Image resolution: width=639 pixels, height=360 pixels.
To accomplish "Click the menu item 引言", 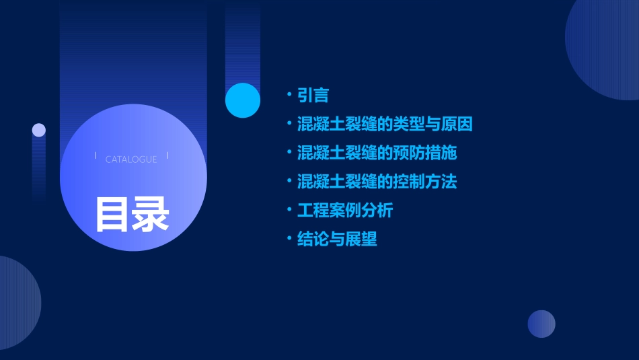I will click(x=313, y=96).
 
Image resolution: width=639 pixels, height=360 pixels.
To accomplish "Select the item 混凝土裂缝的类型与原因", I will click(x=385, y=124).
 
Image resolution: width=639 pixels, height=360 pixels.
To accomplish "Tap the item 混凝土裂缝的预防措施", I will click(x=377, y=153).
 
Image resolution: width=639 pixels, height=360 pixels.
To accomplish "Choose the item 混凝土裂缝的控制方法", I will click(x=377, y=182).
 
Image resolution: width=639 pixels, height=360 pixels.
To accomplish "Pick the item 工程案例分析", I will click(x=345, y=211).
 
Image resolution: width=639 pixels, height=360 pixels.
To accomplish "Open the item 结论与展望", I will click(x=337, y=240).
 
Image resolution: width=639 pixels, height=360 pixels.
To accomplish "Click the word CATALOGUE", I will click(x=131, y=159).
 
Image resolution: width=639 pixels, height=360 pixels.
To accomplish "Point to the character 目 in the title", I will click(x=112, y=214).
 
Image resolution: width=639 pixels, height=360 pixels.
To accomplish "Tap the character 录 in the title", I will click(x=151, y=214).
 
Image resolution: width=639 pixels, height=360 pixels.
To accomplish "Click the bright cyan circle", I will click(x=243, y=100).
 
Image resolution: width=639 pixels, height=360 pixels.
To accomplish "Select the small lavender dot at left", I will click(x=39, y=130).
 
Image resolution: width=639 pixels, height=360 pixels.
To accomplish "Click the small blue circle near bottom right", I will click(x=541, y=324).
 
